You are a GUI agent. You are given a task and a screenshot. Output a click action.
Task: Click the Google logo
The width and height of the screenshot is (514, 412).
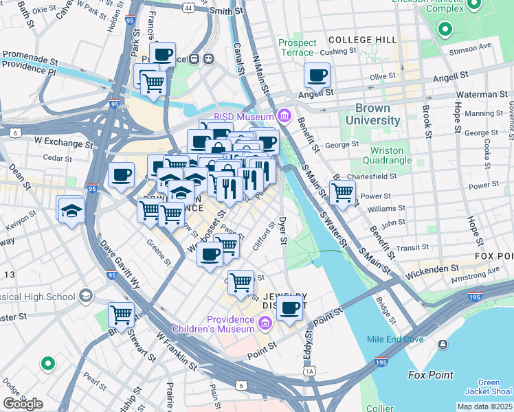(23, 404)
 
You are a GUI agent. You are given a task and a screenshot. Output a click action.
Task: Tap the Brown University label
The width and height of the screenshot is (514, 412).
(377, 114)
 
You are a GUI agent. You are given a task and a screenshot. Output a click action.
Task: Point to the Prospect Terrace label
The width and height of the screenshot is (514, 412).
(298, 47)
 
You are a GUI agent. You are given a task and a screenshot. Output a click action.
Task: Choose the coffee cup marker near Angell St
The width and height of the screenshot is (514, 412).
(317, 76)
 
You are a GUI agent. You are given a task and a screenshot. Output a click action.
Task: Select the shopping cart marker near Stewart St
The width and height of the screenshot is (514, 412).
(122, 316)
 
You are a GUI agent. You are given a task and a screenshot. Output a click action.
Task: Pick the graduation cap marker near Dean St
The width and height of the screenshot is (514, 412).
(71, 211)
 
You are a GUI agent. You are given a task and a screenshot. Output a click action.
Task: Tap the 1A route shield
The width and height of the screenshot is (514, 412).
(310, 371)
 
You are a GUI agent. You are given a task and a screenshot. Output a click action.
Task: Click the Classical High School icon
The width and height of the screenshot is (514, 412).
(86, 295)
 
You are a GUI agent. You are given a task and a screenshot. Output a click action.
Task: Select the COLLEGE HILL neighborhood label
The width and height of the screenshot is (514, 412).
(363, 40)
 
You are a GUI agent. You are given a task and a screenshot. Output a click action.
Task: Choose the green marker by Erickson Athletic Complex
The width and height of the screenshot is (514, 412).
(445, 30)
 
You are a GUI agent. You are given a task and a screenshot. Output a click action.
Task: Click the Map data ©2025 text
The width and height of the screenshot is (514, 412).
(484, 407)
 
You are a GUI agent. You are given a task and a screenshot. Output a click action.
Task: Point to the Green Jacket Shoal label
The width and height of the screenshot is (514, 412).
(489, 387)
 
